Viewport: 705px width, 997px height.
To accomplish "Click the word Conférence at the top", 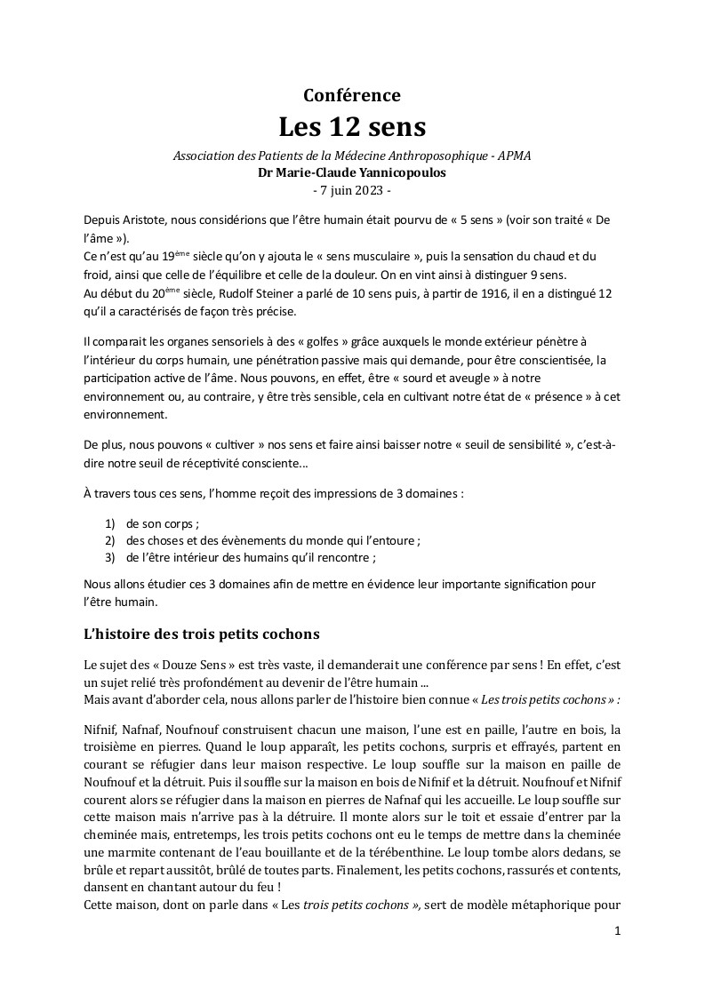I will click(352, 95).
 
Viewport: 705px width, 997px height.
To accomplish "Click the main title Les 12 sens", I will click(352, 127).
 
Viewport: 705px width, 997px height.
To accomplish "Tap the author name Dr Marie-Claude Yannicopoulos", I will click(352, 172).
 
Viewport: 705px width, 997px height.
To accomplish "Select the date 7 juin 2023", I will click(352, 190).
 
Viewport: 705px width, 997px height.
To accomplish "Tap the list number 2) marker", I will click(111, 540).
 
